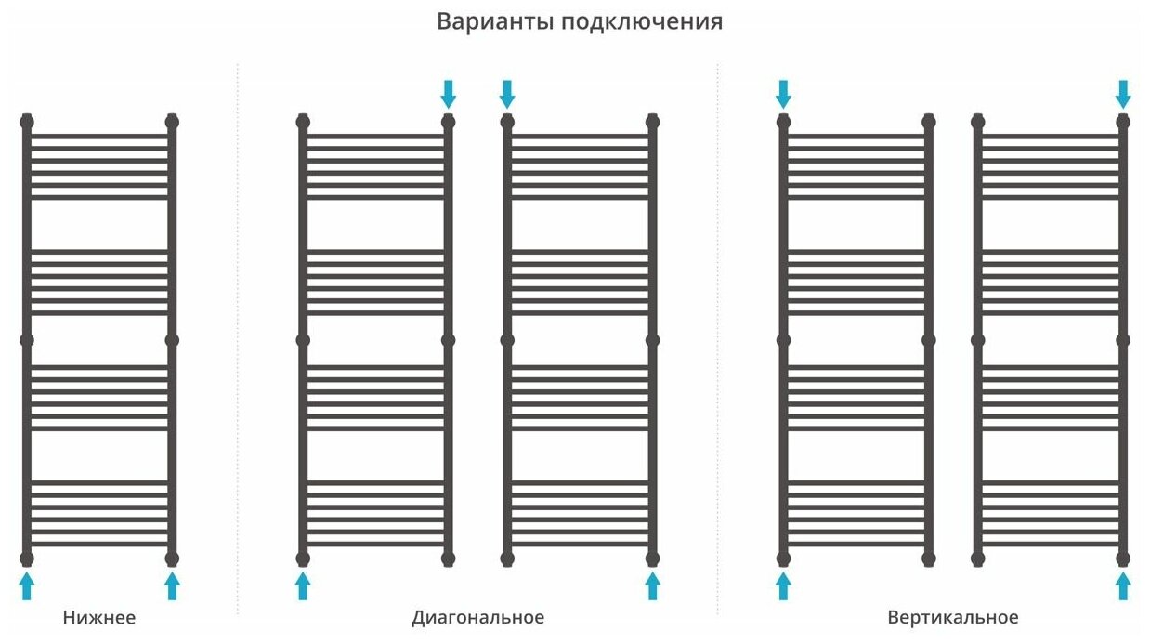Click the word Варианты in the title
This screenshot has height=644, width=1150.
click(x=494, y=21)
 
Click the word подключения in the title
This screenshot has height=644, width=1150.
click(x=642, y=22)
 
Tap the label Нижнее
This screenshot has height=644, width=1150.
click(x=99, y=618)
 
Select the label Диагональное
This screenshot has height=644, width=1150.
click(x=477, y=618)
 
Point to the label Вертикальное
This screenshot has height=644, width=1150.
click(x=952, y=618)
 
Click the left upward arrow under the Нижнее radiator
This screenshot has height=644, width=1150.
click(x=27, y=585)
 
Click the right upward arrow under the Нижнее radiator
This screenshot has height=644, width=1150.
click(x=172, y=585)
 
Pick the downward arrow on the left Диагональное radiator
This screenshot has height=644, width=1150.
click(x=449, y=93)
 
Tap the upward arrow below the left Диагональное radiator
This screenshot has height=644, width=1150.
click(x=303, y=585)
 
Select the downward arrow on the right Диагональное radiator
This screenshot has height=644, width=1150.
click(x=507, y=93)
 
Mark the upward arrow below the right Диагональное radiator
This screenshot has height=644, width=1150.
click(x=652, y=585)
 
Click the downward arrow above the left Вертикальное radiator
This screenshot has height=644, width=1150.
click(x=783, y=93)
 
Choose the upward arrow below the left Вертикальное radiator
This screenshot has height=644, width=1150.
click(x=783, y=585)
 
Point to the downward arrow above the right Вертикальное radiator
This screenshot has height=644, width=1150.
click(x=1123, y=93)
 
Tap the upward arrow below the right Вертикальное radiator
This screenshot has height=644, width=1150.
click(x=1123, y=585)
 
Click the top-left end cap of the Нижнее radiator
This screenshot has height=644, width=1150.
click(x=27, y=121)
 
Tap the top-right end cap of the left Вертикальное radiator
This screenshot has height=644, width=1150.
click(x=928, y=121)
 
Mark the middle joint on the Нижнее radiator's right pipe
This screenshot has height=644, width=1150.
click(x=172, y=340)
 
